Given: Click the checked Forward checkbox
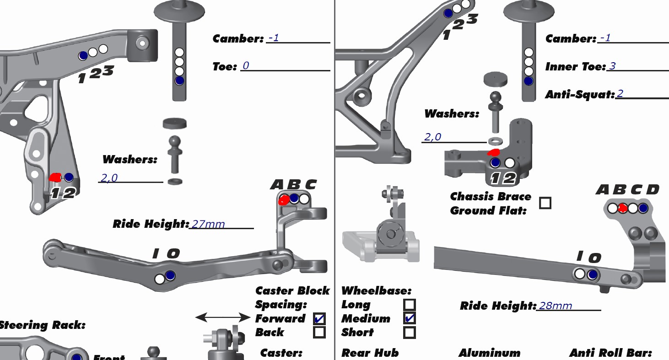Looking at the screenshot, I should coord(319,318).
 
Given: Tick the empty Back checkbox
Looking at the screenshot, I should coord(319,332).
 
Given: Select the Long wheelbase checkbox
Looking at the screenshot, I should coord(410,305).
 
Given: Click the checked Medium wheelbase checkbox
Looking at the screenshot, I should coord(410,318).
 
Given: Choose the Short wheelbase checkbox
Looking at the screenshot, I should coord(410,333).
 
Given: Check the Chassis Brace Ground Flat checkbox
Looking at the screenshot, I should coord(545,203).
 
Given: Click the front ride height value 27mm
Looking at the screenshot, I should coord(208,224).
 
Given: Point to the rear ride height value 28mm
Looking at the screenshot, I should coord(556,306).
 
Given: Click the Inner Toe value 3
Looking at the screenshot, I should coord(612,66).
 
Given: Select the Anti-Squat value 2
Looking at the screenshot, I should coord(620,94).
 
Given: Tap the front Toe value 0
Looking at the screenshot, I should coord(246,66).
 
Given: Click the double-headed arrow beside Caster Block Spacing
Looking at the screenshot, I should coord(223,317).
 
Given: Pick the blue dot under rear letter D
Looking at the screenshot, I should coord(643,208).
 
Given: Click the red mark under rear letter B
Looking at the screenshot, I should coord(623,208).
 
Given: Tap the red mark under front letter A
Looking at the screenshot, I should coord(284,199).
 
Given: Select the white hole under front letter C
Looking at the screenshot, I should coord(304,199).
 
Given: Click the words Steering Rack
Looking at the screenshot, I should coord(42,325).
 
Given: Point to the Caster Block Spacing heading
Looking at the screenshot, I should coord(292,297).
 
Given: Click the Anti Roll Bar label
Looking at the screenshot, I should coord(610,353).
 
